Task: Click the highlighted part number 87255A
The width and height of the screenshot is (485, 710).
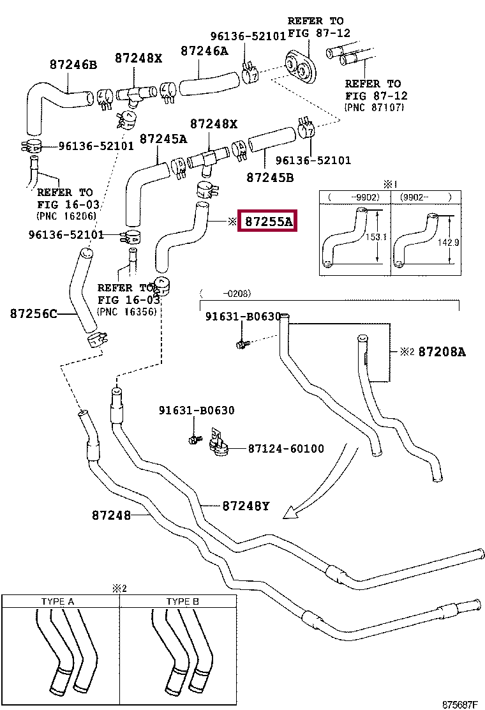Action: coord(268,222)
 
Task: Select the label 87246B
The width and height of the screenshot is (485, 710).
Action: coord(73,64)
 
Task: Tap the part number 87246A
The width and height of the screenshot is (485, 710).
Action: coord(204,51)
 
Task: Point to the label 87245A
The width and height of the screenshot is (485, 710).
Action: coord(163,139)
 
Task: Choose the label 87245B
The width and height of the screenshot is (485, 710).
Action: coord(270,177)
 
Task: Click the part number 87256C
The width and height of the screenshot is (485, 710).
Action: coord(34,313)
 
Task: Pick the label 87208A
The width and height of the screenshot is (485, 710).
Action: coord(442,352)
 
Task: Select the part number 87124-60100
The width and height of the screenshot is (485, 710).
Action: coord(286,449)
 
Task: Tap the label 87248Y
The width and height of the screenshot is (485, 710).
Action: coord(246,506)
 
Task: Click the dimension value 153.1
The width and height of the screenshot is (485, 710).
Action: coord(376,236)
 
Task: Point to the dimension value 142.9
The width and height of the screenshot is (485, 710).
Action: coord(449,242)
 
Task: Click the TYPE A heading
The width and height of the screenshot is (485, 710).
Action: coord(57,601)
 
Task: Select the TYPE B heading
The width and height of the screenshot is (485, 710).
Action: coord(183,601)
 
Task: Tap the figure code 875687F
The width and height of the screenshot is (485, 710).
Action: coord(459,704)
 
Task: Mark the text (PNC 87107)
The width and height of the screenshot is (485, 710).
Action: coord(374,107)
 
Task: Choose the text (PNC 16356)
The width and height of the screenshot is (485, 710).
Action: coord(127,312)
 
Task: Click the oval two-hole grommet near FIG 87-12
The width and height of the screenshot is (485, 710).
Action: coord(300,68)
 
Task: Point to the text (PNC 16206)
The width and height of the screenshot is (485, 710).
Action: coord(66,216)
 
